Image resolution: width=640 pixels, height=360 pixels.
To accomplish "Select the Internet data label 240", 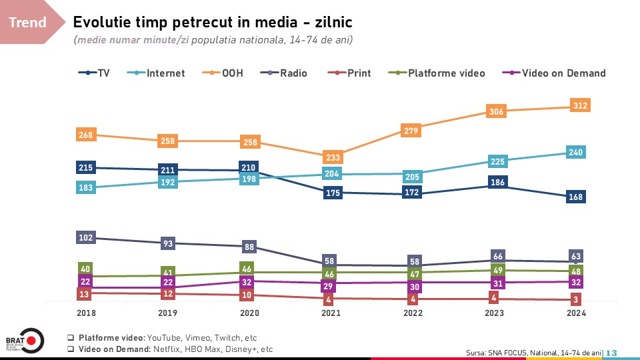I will pyautogui.click(x=577, y=153).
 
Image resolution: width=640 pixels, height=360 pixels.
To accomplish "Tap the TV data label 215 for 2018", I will pyautogui.click(x=86, y=167).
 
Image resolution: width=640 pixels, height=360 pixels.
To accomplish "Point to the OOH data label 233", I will pyautogui.click(x=331, y=157).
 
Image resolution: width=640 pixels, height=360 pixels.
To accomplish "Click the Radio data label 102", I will pyautogui.click(x=86, y=237).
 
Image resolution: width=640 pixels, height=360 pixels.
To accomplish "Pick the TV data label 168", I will pyautogui.click(x=577, y=197).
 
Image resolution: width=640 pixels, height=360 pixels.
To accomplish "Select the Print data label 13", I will pyautogui.click(x=85, y=294).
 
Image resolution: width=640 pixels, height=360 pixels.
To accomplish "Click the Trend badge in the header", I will pyautogui.click(x=28, y=23).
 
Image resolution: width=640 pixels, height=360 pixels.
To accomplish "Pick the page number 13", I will pyautogui.click(x=611, y=353).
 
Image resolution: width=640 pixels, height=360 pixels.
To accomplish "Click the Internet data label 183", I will pyautogui.click(x=86, y=188).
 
